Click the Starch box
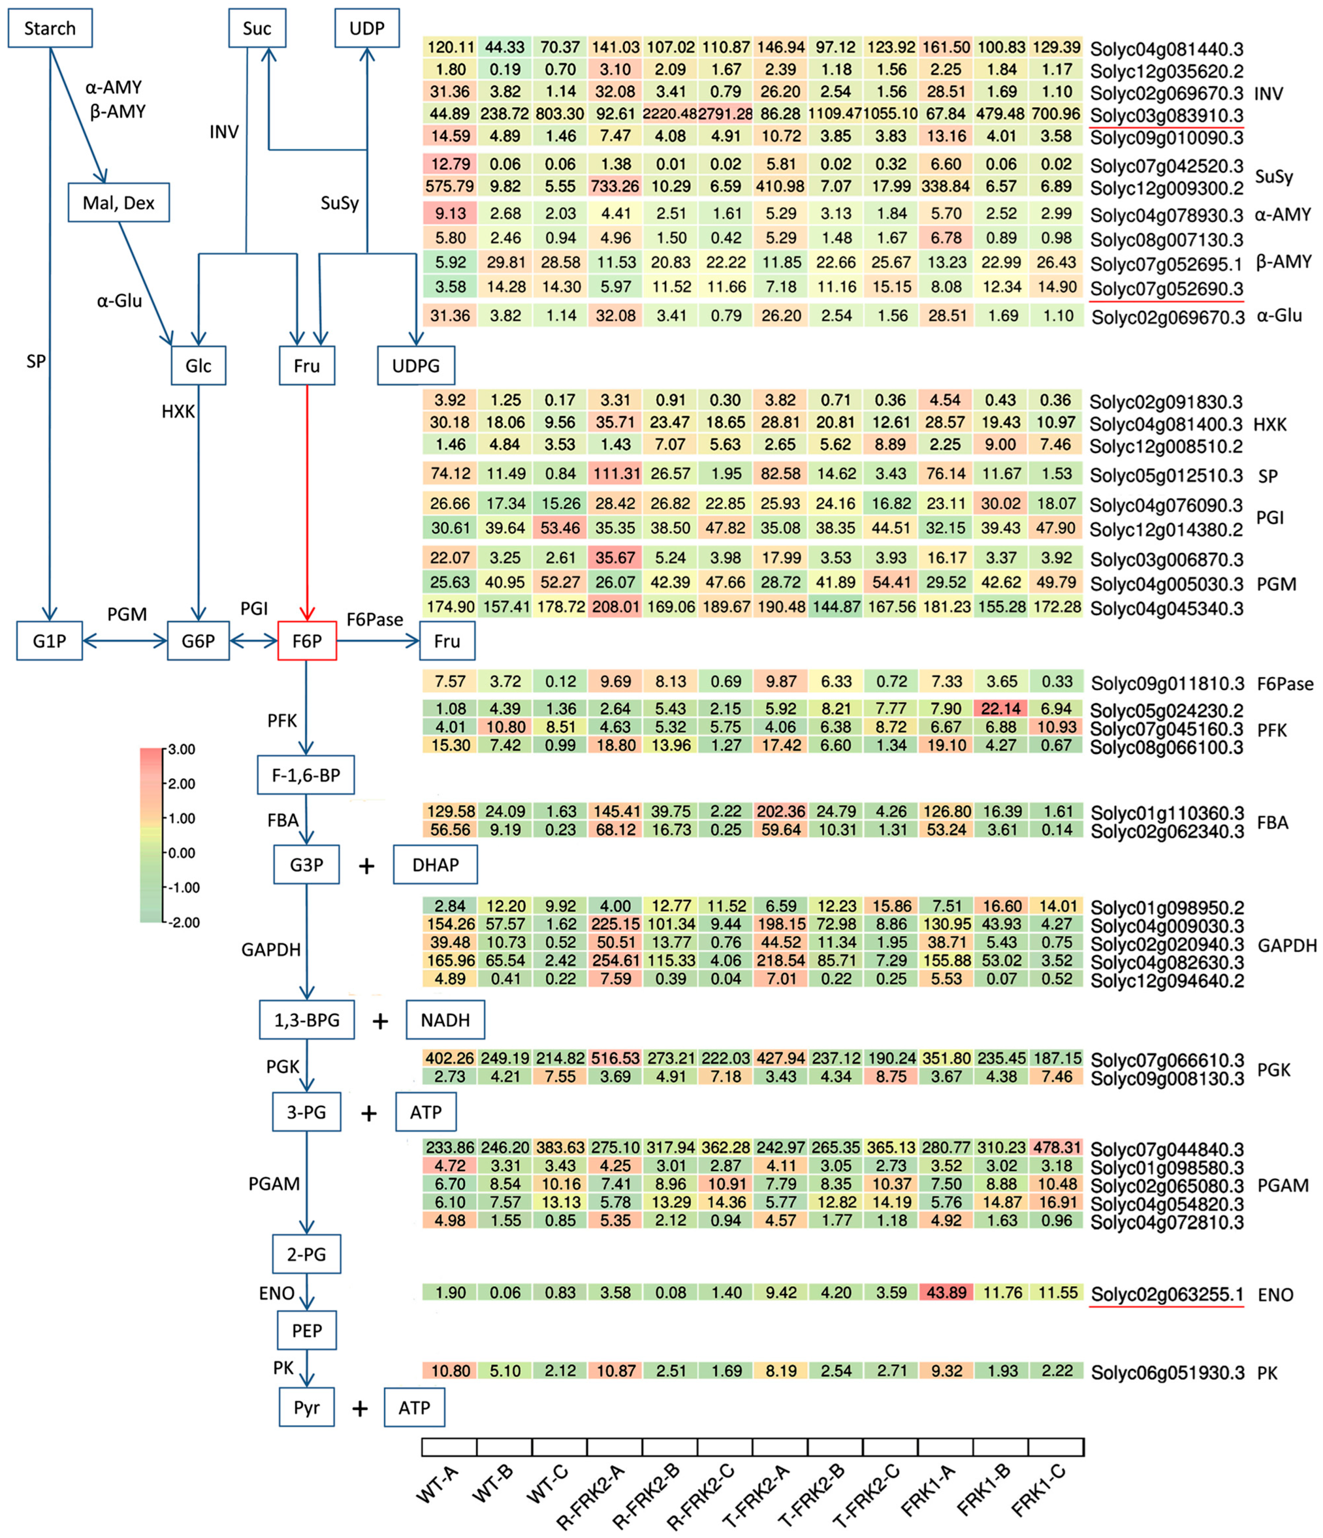tap(50, 28)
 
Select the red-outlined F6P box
tap(307, 641)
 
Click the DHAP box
tap(435, 865)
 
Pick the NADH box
tap(445, 1020)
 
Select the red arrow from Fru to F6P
tap(307, 505)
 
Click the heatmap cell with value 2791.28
tap(726, 114)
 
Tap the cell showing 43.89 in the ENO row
tap(946, 1292)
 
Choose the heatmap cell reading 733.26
tap(615, 186)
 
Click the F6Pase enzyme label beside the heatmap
tap(1285, 684)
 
